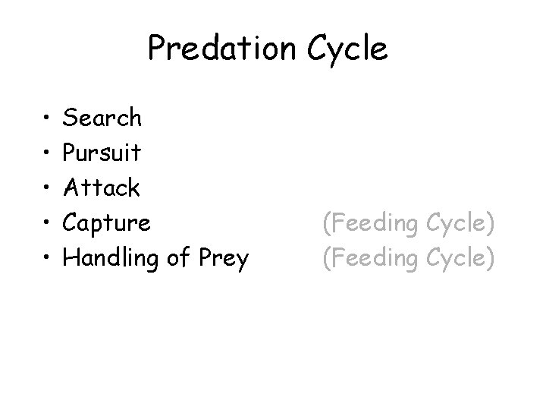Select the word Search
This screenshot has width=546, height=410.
click(x=102, y=118)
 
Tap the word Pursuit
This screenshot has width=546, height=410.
click(x=102, y=153)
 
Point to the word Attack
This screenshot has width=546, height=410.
click(x=101, y=188)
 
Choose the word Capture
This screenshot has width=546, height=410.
click(x=107, y=224)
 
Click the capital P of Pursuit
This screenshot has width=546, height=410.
click(x=71, y=153)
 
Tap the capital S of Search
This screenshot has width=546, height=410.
click(x=71, y=118)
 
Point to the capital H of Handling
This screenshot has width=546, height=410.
click(x=72, y=258)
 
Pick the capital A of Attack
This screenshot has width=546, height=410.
click(x=72, y=188)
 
